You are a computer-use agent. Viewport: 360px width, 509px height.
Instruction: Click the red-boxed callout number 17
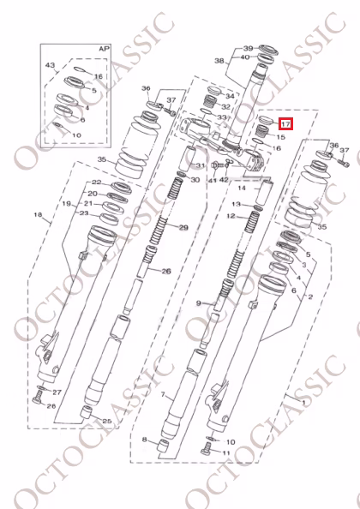(285, 123)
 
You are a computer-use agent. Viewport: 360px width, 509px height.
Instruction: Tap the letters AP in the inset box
(105, 49)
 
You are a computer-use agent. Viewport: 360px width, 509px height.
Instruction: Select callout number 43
(50, 65)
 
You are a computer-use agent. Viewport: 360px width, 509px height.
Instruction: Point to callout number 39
(248, 48)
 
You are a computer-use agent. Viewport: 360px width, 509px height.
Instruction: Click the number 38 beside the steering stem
(219, 61)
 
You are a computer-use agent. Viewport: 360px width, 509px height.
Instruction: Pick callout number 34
(230, 96)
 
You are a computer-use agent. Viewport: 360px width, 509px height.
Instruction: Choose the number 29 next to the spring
(183, 228)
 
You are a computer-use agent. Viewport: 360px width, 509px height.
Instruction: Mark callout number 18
(39, 214)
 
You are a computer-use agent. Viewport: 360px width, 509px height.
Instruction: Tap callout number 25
(107, 422)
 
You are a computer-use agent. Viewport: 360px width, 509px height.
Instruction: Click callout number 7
(163, 395)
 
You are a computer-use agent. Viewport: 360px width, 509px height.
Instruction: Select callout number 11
(226, 452)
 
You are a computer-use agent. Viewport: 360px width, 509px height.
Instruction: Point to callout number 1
(303, 403)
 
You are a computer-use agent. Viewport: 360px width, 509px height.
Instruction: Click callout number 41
(213, 180)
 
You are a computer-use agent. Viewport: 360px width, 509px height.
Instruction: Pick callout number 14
(242, 188)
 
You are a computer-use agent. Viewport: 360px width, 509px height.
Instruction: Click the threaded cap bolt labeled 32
(210, 102)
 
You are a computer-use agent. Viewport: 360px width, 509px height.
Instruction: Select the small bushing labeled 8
(163, 446)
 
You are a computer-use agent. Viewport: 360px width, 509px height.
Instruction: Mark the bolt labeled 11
(206, 451)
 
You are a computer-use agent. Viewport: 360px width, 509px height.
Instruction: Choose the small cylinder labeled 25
(87, 411)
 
